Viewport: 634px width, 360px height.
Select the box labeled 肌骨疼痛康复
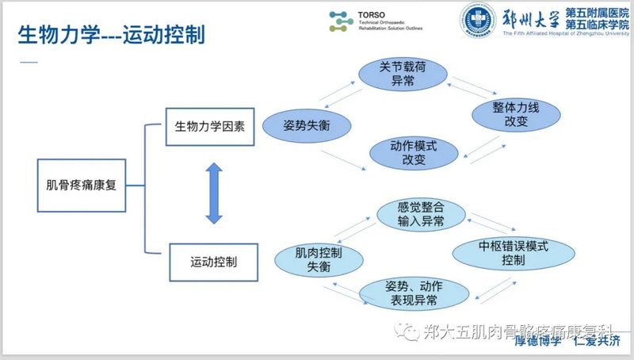click(82, 186)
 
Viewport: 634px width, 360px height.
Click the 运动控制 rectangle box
click(214, 259)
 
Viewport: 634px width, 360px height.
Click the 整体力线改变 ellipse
click(510, 116)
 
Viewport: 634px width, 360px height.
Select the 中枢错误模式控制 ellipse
click(513, 253)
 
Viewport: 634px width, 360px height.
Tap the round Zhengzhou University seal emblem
click(478, 23)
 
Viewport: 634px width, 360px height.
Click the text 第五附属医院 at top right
click(594, 13)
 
